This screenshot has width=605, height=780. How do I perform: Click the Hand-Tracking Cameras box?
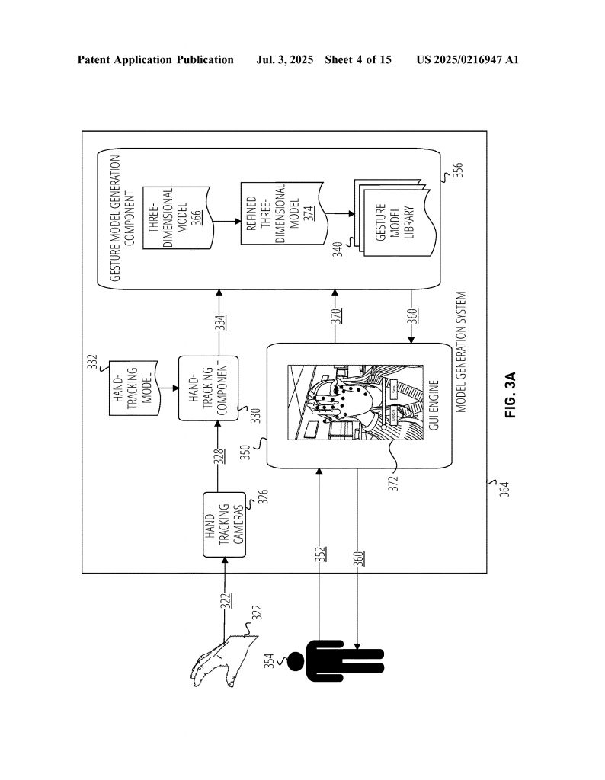pos(224,524)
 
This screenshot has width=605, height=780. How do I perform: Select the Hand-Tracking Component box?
pos(209,388)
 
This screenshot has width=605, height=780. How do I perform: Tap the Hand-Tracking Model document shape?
pos(134,388)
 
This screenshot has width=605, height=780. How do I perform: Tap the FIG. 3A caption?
pos(511,395)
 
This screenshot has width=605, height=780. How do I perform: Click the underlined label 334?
pos(220,323)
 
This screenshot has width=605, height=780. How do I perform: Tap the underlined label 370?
pos(336,316)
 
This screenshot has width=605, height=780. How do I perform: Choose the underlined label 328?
pos(220,457)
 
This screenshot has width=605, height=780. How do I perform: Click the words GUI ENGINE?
pos(434,405)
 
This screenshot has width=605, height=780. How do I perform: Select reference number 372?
pos(393,483)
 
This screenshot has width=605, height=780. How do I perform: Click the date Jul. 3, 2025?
pos(284,60)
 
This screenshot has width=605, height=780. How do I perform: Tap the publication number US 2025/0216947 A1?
pos(468,60)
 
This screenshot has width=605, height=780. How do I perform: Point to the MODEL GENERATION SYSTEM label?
pos(461,352)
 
